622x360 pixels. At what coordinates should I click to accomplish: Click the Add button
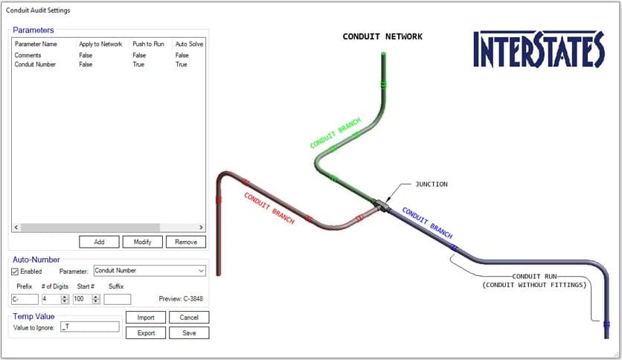pyautogui.click(x=100, y=242)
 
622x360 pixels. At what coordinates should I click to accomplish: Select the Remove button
pyautogui.click(x=186, y=242)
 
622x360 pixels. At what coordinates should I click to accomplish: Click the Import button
pyautogui.click(x=146, y=318)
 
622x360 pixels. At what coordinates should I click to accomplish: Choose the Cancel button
pyautogui.click(x=189, y=318)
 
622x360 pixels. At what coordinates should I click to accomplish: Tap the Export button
pyautogui.click(x=146, y=333)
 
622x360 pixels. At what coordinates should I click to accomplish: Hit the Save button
pyautogui.click(x=189, y=333)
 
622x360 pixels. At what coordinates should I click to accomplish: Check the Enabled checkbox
pyautogui.click(x=16, y=271)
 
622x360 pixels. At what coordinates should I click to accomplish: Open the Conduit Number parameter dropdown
pyautogui.click(x=150, y=271)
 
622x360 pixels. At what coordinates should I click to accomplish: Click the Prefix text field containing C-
pyautogui.click(x=25, y=299)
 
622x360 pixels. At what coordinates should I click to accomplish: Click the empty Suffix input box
pyautogui.click(x=117, y=299)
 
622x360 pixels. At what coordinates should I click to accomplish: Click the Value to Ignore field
pyautogui.click(x=89, y=327)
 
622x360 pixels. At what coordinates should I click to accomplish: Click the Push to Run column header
pyautogui.click(x=149, y=45)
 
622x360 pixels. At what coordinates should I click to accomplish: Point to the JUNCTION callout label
pyautogui.click(x=432, y=184)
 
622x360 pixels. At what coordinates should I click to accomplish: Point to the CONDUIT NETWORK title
pyautogui.click(x=382, y=36)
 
